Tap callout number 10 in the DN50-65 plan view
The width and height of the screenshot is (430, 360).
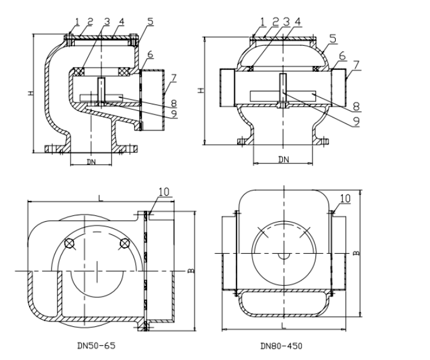point(164,191)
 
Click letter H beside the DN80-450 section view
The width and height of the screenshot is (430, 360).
point(201,90)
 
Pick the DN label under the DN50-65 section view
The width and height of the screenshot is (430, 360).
point(91,161)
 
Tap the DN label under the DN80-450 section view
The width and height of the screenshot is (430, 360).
point(284,160)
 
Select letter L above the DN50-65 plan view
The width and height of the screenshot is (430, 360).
point(100,198)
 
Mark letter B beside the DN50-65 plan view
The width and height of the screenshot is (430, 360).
point(191,271)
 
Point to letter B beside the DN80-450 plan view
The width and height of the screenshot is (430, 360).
point(356,253)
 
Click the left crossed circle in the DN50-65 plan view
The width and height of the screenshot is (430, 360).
point(70,243)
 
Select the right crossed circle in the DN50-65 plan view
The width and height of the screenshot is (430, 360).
point(124,243)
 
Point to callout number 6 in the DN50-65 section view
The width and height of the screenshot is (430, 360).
point(150,54)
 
